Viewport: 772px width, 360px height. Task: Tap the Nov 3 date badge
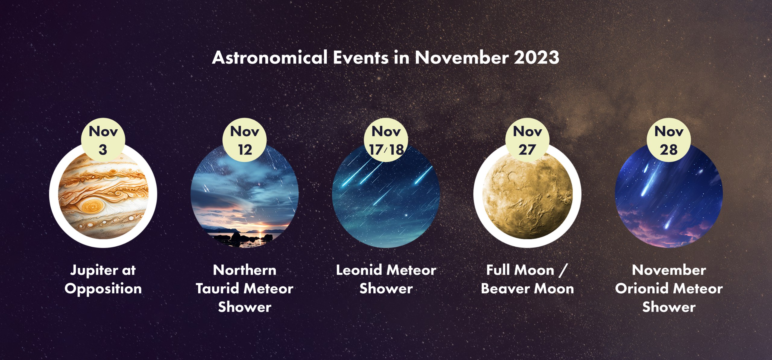point(103,140)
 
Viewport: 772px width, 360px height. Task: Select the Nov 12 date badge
point(245,140)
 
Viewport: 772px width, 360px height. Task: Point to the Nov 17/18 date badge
point(386,140)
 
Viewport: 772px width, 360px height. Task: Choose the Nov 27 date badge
point(527,140)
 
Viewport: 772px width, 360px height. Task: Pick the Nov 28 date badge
point(669,140)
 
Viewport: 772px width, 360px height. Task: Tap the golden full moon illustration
point(527,196)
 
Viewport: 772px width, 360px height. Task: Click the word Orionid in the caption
point(642,289)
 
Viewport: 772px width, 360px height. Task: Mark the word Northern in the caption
point(245,270)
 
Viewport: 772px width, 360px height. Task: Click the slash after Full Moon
point(562,270)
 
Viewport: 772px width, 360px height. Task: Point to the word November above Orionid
point(669,270)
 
